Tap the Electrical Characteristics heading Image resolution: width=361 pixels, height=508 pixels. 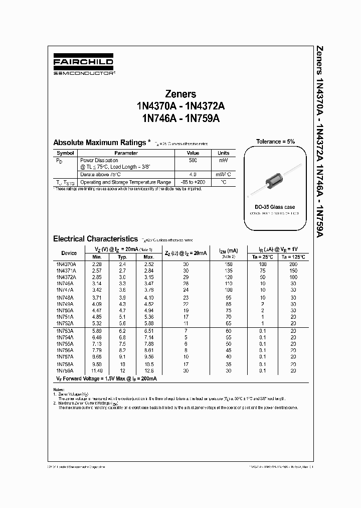pos(95,239)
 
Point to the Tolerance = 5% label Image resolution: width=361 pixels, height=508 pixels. pos(275,142)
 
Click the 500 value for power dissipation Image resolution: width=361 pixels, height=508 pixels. pos(193,160)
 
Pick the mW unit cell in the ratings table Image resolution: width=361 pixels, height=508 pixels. pos(223,160)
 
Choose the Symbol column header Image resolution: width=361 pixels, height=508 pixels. pos(65,153)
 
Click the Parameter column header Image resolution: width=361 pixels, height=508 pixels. pos(126,153)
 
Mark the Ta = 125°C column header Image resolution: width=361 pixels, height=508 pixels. pos(293,257)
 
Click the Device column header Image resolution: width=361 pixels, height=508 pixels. pos(69,253)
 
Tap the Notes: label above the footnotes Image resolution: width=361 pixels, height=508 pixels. pos(59,390)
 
